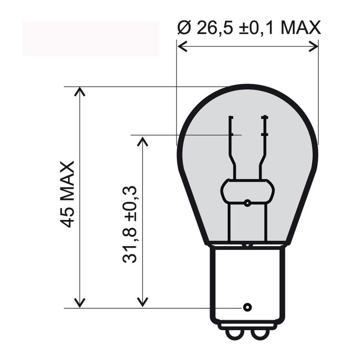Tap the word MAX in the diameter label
[300, 28]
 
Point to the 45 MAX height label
[67, 194]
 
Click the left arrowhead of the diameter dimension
[182, 46]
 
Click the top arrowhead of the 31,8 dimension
[143, 141]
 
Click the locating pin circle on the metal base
[247, 307]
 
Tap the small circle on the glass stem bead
[247, 203]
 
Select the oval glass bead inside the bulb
[247, 191]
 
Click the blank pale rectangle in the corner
[91, 38]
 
